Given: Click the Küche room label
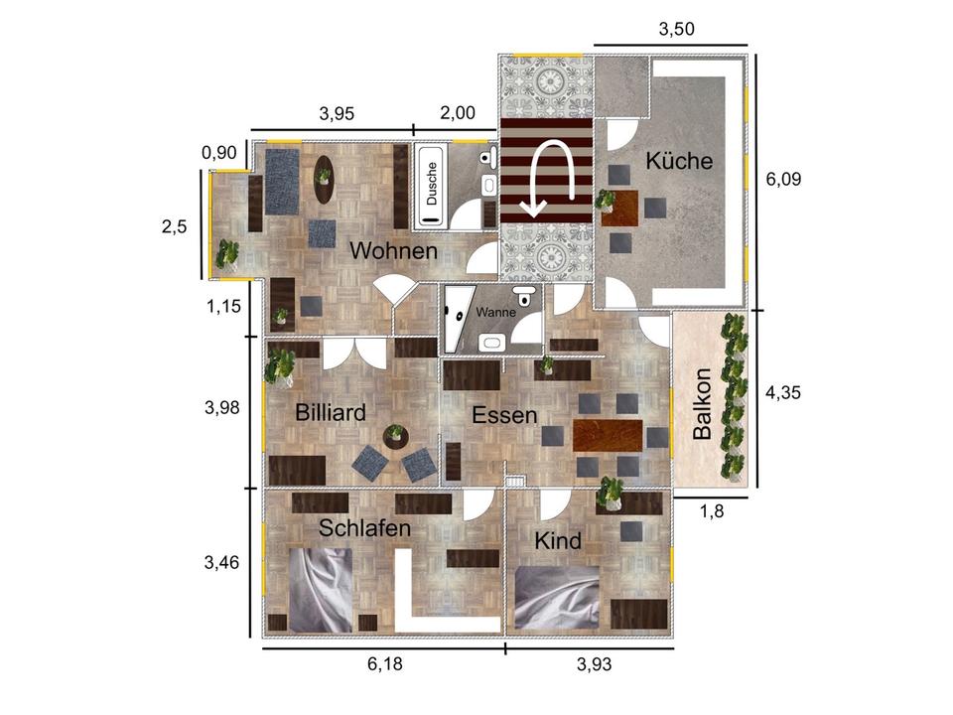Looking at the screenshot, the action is point(679,161).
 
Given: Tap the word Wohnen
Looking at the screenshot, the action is point(393,250).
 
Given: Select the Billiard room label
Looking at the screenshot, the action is point(330,413).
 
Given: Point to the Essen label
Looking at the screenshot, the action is point(504,415).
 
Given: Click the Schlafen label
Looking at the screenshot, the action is point(364,527).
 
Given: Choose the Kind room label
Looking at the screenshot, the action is point(558,540).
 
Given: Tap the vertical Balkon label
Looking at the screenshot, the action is point(702,403).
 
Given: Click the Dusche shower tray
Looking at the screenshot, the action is point(432,186).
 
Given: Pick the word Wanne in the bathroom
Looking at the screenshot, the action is point(495,313).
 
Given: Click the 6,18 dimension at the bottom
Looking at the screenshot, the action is point(385,663).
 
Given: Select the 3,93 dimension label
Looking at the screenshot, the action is point(594,664).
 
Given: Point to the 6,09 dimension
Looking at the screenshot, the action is point(783,180).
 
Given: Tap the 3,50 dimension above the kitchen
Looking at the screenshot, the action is point(676,29).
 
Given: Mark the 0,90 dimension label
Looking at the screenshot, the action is point(218,153).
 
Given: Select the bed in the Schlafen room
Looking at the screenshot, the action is point(321,590).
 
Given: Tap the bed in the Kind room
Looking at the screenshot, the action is point(557,598).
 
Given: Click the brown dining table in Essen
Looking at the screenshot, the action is point(608,435).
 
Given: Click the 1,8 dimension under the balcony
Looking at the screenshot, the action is point(712,512).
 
